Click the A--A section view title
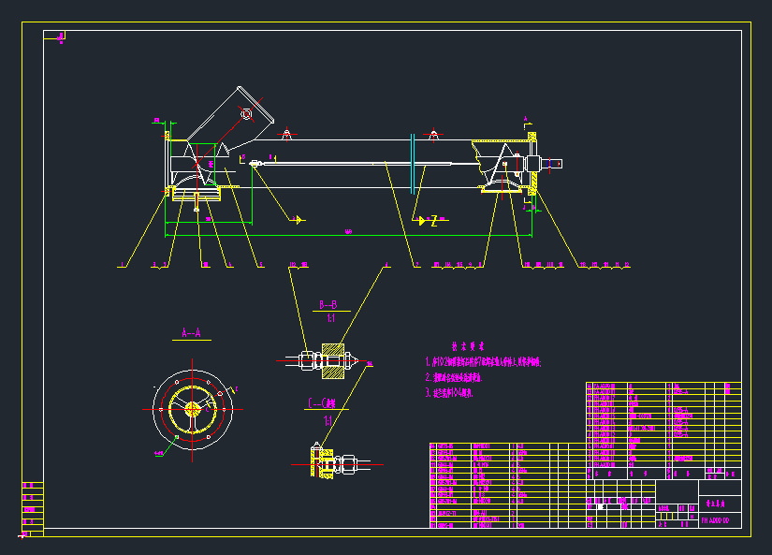[191, 332]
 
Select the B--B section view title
[328, 305]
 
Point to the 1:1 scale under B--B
[330, 318]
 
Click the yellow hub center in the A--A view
[192, 408]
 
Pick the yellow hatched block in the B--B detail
[333, 360]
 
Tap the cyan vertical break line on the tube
[413, 164]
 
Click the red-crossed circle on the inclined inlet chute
[246, 114]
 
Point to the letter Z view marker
[434, 221]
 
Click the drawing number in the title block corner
[720, 519]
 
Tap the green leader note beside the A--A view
[157, 453]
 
